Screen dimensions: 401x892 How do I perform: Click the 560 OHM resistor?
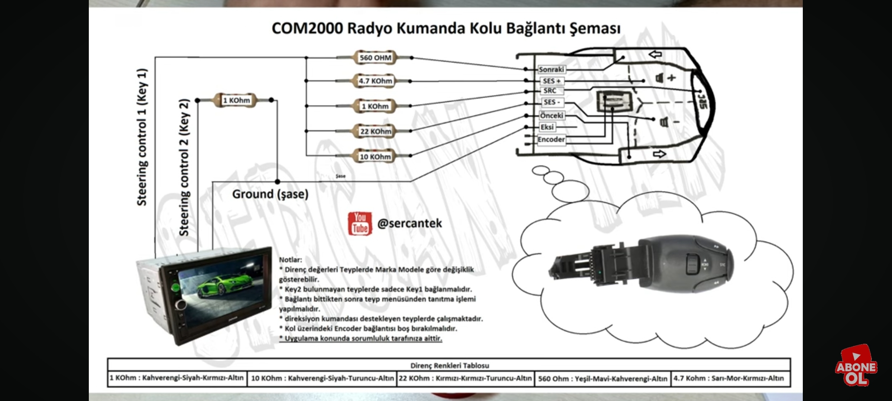(x=375, y=58)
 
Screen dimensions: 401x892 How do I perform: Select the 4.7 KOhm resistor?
(x=375, y=81)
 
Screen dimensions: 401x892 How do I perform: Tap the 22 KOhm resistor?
(x=375, y=131)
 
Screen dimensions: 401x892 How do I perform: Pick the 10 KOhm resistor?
(x=375, y=157)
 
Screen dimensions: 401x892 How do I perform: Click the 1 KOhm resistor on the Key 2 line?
(x=236, y=100)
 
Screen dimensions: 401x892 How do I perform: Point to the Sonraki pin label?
(x=551, y=69)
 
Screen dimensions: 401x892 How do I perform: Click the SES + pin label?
(x=551, y=81)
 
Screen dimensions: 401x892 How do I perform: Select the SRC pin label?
(x=550, y=91)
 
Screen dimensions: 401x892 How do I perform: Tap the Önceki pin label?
(x=551, y=115)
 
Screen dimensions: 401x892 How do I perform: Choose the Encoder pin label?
(x=551, y=140)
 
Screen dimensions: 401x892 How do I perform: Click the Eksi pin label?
(x=547, y=127)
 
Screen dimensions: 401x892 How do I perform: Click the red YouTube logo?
(x=359, y=224)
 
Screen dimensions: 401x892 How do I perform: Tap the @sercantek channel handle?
(x=410, y=224)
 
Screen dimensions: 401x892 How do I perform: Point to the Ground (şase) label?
(x=270, y=194)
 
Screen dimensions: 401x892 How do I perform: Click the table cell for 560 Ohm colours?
(x=602, y=379)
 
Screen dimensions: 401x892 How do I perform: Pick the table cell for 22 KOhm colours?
(x=465, y=378)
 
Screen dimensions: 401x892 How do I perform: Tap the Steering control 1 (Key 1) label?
(x=142, y=137)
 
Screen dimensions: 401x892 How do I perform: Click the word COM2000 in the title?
(x=307, y=29)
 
